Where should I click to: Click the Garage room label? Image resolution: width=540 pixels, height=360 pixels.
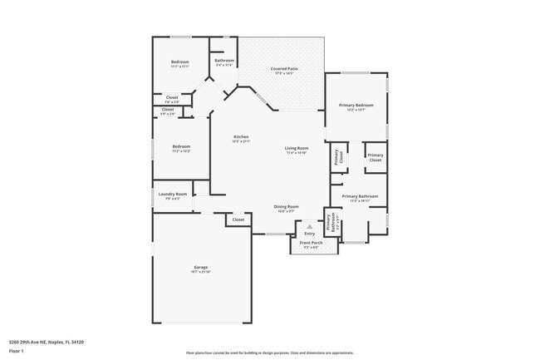point(201,267)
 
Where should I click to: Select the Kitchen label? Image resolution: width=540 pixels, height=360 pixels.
point(241,136)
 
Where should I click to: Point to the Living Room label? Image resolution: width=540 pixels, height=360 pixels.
point(297,148)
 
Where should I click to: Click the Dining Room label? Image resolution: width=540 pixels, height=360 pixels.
point(287,206)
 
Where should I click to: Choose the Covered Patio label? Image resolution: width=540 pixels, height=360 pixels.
point(285,68)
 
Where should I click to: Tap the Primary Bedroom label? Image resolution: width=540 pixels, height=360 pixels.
point(356,105)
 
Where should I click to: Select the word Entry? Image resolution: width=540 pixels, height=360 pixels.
point(310,233)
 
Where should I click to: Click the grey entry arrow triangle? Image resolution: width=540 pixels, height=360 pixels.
point(310,226)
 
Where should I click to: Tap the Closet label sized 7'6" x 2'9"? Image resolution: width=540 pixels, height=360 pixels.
point(171,97)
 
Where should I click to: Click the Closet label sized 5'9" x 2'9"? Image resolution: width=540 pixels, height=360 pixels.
point(168,109)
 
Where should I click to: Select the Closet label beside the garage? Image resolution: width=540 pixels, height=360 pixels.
point(238,219)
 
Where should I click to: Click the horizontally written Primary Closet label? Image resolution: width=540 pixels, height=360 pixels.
point(376,157)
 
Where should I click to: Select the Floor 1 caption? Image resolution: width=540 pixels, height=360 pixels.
point(17,351)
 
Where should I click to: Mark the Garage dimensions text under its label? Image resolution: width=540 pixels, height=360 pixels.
point(201,272)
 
